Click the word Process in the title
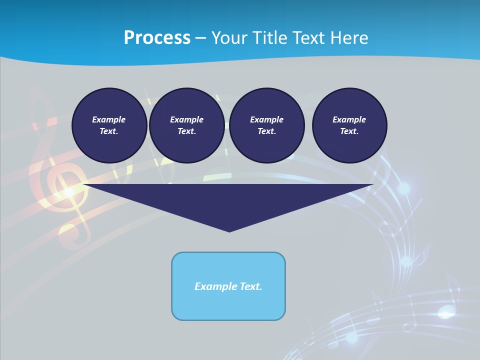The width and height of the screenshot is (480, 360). coord(157,38)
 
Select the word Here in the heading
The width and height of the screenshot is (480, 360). coord(348,38)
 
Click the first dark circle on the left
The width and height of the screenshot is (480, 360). coord(109,125)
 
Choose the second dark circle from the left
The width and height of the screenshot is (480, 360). coord(186,125)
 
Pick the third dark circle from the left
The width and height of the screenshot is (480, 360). coord(266,125)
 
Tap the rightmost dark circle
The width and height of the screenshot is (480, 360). coord(349,125)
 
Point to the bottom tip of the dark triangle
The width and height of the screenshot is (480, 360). coord(229,231)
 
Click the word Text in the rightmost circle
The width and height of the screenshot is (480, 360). coord(349,131)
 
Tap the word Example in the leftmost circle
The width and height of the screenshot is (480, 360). coord(109,119)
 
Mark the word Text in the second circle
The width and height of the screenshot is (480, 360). coord(186,131)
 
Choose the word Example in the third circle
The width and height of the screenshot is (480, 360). coord(266,119)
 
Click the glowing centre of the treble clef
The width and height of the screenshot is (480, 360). coord(69,191)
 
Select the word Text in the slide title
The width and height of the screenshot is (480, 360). coord(310,38)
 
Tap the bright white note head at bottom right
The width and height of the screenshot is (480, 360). coord(445,313)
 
